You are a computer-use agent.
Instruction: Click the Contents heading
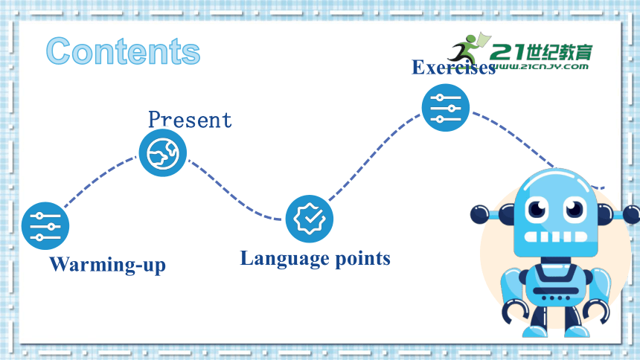pos(123,51)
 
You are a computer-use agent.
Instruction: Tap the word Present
pos(190,120)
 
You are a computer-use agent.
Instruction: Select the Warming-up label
pos(107,265)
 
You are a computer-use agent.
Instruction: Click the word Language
pos(284,259)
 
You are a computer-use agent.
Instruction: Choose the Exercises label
pos(453,68)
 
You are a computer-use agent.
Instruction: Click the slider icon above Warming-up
pos(45,225)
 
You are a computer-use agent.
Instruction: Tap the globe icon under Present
pos(163,153)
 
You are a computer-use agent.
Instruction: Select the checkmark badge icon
pos(310,219)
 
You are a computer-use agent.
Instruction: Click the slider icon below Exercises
pos(446,108)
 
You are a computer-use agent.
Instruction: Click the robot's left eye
pos(537,208)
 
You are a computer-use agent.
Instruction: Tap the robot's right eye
pos(575,208)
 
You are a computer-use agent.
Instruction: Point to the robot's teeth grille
pos(555,237)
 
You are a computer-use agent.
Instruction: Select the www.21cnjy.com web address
pos(541,66)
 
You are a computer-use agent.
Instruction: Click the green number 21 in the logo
pos(508,52)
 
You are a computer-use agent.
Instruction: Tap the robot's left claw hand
pos(515,312)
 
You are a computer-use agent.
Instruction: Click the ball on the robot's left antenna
pos(479,214)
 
